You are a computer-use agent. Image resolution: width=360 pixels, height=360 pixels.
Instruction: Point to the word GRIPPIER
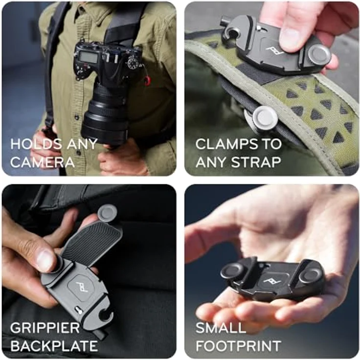45,328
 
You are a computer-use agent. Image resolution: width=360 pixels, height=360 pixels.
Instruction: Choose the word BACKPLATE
54,345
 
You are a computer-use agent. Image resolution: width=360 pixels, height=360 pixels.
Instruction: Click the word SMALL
221,328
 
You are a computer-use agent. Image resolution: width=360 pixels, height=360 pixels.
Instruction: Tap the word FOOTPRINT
238,345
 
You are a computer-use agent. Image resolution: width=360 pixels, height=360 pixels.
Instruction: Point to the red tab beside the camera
147,80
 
